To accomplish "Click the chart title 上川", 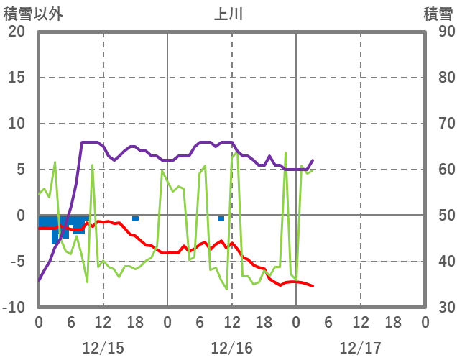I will point(228,14).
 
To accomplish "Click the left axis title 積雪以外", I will point(33,14).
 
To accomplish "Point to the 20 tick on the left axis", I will point(17,32).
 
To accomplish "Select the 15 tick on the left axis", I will point(17,78).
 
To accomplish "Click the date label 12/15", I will point(103,348).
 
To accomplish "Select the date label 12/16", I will point(231,348).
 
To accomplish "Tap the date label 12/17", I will point(360,348).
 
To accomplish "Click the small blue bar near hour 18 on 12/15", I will point(135,218).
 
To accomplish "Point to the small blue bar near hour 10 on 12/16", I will point(221,218).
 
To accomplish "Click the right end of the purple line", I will point(313,160).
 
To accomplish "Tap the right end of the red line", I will point(313,286).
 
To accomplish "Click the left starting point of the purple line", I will point(39,280).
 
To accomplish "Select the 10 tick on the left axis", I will point(17,124).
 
